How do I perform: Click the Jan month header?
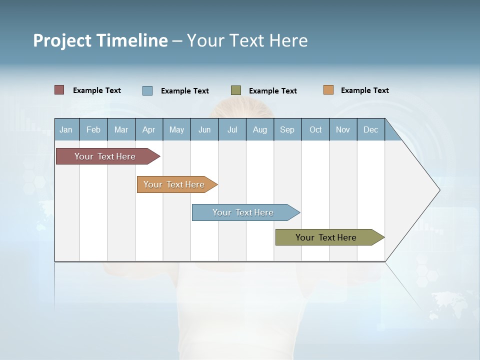point(66,129)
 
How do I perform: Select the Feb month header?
point(93,129)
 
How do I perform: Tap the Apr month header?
point(148,129)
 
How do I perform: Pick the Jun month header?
point(204,129)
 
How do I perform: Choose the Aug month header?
point(259,129)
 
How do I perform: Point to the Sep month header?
point(287,129)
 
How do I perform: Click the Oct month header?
point(315,129)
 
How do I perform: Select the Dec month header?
point(370,129)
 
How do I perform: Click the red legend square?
point(59,90)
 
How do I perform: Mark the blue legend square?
point(147,90)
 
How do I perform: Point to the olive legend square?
point(236,90)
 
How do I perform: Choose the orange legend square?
point(328,90)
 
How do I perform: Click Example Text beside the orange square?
point(364,90)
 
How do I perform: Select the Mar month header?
point(121,129)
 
